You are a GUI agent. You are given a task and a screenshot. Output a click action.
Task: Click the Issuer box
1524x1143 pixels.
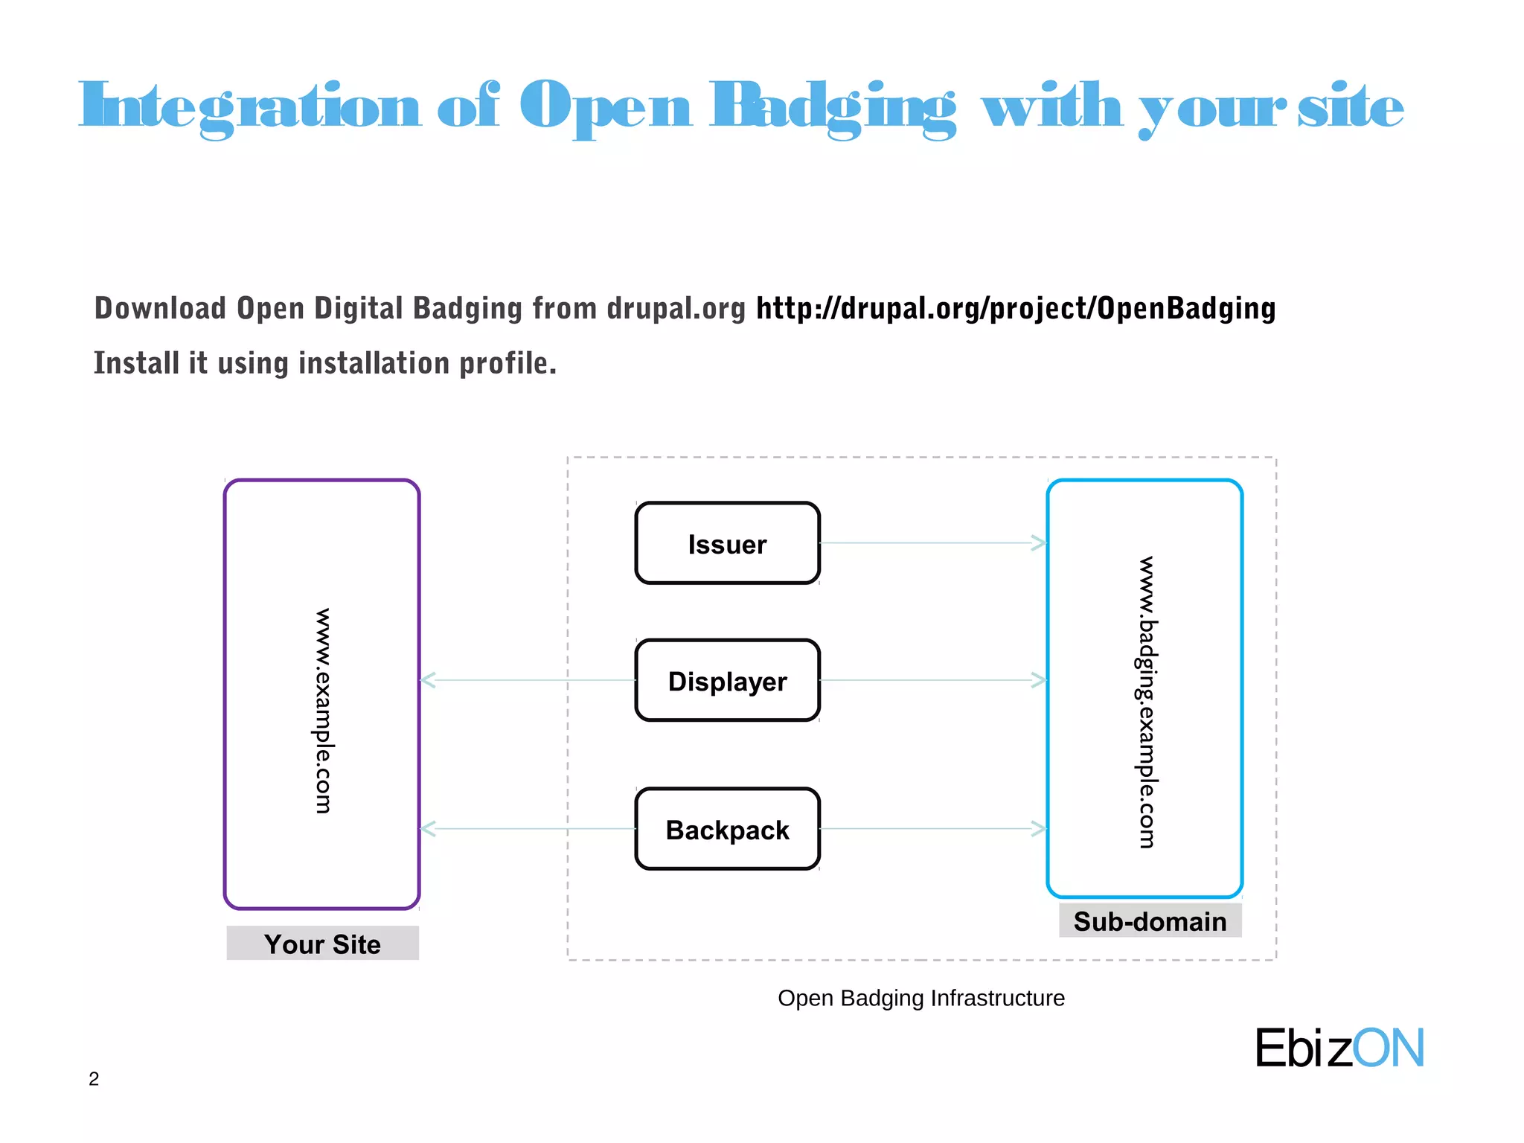tap(727, 544)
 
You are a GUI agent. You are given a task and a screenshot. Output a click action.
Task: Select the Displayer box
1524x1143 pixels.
tap(727, 681)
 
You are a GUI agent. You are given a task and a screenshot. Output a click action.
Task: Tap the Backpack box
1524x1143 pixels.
tap(727, 829)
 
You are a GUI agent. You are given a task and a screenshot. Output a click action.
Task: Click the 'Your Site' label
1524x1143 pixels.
tap(322, 944)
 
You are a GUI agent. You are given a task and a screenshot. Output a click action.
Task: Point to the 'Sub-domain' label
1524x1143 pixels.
tap(1150, 921)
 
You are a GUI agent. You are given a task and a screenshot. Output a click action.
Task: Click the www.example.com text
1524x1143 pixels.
tap(323, 711)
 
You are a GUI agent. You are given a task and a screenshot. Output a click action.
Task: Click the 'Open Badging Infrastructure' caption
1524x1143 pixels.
tap(921, 998)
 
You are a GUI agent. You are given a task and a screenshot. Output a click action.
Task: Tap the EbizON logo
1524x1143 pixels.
tap(1339, 1048)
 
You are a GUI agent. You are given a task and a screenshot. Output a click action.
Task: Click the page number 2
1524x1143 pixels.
tap(94, 1078)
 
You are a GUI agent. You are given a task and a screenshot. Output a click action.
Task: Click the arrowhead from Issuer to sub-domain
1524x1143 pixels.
tap(1039, 543)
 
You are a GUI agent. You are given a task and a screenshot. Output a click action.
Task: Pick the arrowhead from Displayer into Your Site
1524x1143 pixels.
tap(429, 679)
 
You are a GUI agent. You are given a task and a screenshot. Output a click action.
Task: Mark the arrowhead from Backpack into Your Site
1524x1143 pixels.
tap(429, 828)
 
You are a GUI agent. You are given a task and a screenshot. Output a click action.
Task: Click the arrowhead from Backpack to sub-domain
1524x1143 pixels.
tap(1039, 828)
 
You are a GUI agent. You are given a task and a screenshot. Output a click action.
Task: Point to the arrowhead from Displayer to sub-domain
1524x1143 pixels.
tap(1039, 679)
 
